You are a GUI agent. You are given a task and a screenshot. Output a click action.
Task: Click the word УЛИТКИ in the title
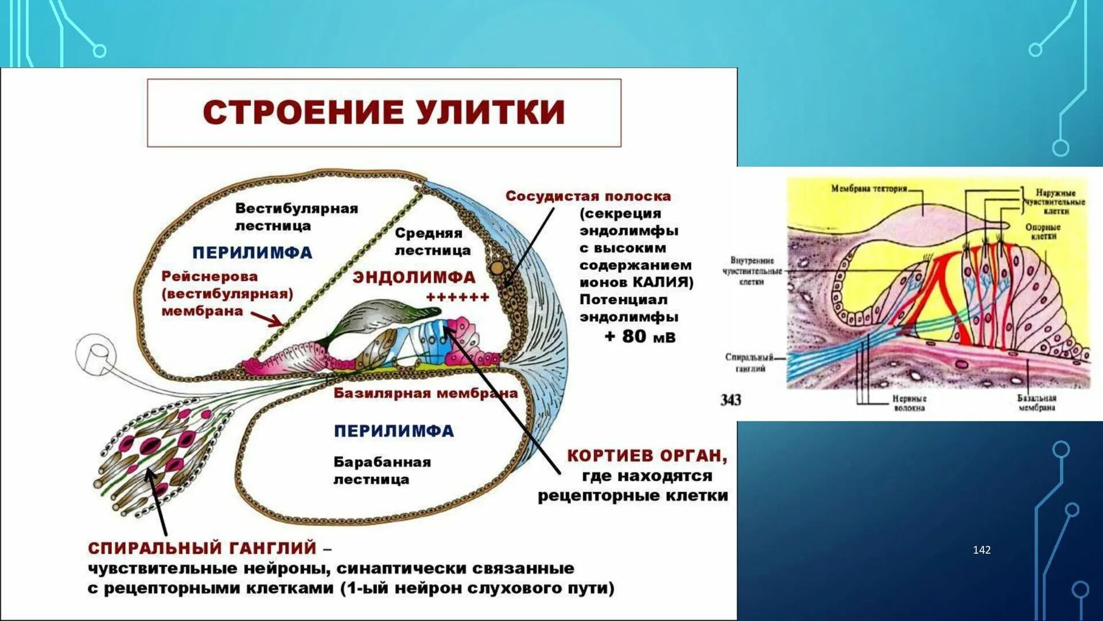tap(491, 112)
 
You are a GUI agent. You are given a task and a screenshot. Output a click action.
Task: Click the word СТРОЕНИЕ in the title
tap(302, 112)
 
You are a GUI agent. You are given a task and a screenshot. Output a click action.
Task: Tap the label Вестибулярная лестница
tap(296, 217)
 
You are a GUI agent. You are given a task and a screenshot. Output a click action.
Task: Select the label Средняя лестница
tap(432, 241)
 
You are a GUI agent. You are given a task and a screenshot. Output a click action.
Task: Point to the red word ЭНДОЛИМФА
tap(414, 277)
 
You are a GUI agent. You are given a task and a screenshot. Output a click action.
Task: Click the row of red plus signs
tap(457, 297)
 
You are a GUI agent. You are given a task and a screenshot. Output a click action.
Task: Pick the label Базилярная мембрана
tap(425, 393)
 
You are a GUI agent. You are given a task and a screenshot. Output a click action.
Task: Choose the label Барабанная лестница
tap(381, 470)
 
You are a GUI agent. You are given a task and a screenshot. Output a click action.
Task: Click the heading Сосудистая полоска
tap(588, 196)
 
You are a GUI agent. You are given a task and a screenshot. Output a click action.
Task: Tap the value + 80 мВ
tap(640, 336)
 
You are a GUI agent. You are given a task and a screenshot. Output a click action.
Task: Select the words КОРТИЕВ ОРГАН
tap(647, 455)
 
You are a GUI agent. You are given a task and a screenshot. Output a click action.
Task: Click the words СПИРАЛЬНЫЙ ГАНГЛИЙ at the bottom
tap(202, 547)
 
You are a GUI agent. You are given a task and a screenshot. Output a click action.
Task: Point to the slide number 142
tap(982, 550)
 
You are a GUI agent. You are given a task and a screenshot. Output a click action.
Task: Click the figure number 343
tap(731, 400)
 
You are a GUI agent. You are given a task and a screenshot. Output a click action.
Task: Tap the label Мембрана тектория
tap(869, 189)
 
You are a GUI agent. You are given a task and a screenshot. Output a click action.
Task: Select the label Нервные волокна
tap(909, 402)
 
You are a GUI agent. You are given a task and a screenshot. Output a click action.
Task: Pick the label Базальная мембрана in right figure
tap(1036, 402)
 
